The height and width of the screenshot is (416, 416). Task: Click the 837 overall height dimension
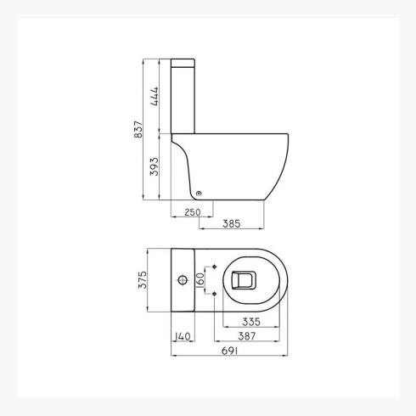[138, 129]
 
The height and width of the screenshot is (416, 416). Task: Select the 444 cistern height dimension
[155, 96]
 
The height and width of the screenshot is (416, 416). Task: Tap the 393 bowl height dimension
[155, 166]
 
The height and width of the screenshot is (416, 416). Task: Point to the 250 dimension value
[193, 212]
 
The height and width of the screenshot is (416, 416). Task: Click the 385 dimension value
[232, 224]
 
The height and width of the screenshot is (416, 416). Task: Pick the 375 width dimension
[143, 280]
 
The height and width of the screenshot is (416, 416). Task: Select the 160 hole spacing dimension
[200, 280]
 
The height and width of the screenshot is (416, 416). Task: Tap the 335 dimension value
[251, 322]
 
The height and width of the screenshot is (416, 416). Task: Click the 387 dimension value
[247, 336]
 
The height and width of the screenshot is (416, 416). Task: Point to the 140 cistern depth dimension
[183, 336]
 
